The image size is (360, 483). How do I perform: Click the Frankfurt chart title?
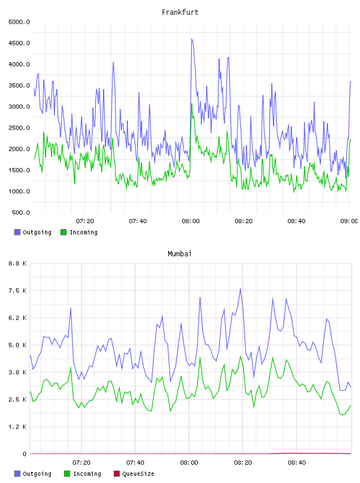(180, 12)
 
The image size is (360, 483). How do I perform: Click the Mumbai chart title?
(179, 253)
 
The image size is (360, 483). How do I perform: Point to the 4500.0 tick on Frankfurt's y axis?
(19, 43)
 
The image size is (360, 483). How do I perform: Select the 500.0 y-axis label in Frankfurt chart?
(21, 212)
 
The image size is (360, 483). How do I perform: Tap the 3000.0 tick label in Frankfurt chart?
(19, 107)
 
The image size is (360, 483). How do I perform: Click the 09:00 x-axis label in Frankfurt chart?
(349, 221)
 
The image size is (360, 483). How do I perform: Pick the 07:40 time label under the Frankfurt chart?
(138, 221)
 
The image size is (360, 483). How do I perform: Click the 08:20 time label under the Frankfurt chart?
(243, 221)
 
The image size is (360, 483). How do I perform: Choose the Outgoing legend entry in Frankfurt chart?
(33, 232)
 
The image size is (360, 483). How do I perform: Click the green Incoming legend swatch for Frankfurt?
(63, 232)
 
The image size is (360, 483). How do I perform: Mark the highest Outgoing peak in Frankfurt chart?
(192, 39)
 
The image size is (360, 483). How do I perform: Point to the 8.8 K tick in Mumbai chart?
(18, 263)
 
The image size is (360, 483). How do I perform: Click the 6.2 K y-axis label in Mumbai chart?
(18, 318)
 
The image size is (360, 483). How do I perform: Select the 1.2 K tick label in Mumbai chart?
(18, 427)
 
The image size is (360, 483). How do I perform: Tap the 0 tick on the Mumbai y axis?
(25, 454)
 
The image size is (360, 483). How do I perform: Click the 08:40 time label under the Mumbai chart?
(297, 463)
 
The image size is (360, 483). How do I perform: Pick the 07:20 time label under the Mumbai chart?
(81, 463)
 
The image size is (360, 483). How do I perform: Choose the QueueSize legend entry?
(134, 474)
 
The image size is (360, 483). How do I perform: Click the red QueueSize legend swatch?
(117, 474)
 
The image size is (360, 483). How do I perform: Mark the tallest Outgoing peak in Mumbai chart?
(240, 289)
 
